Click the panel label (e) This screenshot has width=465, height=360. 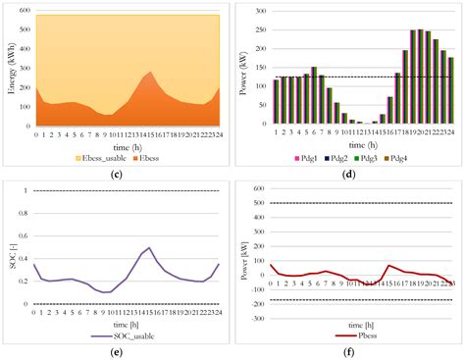pyautogui.click(x=117, y=351)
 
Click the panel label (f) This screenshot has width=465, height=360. pyautogui.click(x=351, y=351)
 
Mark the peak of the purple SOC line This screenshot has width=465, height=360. pyautogui.click(x=149, y=248)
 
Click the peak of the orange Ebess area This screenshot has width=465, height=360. pyautogui.click(x=149, y=71)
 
